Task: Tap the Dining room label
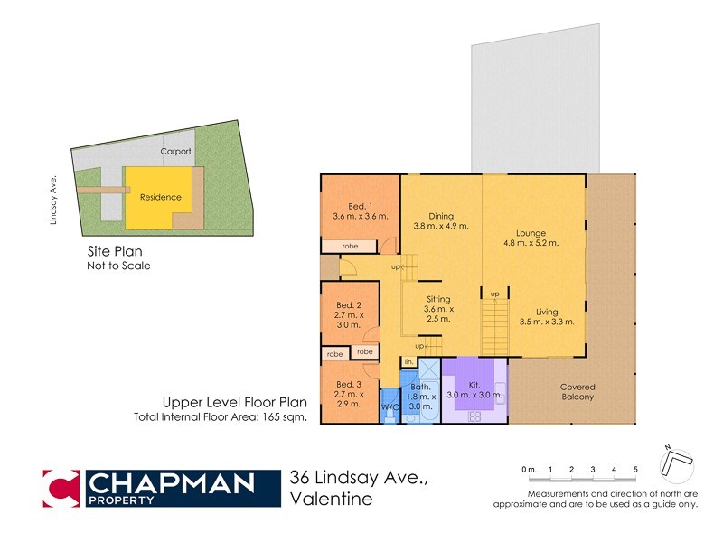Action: [440, 215]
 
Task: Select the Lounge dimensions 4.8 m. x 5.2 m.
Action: [531, 243]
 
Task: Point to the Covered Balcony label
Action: [577, 391]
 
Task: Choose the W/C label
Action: [390, 406]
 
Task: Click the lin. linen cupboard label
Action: [408, 362]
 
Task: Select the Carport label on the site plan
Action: [175, 152]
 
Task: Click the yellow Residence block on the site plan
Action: [160, 196]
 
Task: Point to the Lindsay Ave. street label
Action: [54, 200]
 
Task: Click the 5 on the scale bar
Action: [635, 469]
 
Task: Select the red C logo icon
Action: [61, 488]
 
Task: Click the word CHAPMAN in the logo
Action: [176, 483]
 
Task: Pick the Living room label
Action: [546, 312]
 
